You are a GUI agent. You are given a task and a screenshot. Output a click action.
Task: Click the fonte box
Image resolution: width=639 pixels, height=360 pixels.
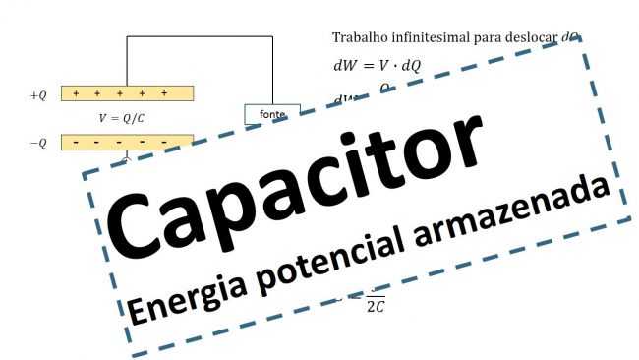point(270,113)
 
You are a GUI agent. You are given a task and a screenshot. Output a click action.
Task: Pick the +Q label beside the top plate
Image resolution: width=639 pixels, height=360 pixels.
point(38,95)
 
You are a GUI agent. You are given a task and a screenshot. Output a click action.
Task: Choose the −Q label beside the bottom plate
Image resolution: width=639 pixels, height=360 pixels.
point(38,143)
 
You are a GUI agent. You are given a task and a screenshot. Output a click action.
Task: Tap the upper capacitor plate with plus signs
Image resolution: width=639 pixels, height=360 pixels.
point(127,93)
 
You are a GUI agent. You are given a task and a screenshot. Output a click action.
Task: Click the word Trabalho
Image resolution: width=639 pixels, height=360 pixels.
point(359,37)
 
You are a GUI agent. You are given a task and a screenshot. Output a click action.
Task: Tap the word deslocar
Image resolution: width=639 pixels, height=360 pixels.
point(531,37)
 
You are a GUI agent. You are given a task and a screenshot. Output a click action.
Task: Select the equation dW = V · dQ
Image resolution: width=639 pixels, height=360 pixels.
point(379,66)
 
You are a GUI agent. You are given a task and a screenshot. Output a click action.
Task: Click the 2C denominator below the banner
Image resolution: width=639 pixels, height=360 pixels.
point(375,307)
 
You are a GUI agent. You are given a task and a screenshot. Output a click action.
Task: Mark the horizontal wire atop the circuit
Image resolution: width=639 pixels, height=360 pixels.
point(198,37)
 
